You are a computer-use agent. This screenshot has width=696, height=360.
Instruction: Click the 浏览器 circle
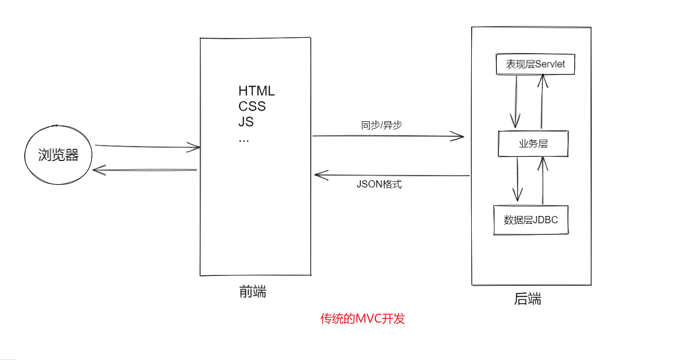(x=58, y=155)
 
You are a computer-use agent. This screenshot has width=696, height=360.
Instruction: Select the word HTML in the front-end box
(x=256, y=91)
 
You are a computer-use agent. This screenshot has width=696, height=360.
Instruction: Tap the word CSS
(x=252, y=106)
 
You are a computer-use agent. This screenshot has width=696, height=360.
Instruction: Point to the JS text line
(x=246, y=122)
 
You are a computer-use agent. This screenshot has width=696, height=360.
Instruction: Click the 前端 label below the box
(x=253, y=292)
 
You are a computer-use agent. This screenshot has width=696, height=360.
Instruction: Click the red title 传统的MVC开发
(x=362, y=319)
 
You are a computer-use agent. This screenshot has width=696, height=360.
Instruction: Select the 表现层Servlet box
(x=536, y=64)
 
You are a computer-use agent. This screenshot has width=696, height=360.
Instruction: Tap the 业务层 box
(x=533, y=144)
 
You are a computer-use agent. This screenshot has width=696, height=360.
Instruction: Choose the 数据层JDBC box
(x=531, y=220)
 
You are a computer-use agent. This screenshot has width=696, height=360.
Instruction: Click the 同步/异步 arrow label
(x=382, y=125)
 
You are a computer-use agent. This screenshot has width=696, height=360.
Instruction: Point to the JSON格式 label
(x=379, y=184)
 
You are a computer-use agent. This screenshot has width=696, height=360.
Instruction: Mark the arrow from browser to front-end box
(x=147, y=146)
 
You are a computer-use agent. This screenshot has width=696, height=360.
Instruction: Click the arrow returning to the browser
(x=145, y=170)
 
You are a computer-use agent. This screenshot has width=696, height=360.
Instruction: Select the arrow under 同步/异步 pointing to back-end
(x=388, y=136)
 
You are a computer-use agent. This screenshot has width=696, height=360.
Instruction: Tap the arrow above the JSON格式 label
(x=391, y=175)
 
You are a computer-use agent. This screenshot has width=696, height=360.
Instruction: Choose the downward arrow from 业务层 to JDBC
(x=518, y=179)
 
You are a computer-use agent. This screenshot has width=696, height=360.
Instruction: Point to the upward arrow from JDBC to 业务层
(x=543, y=180)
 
